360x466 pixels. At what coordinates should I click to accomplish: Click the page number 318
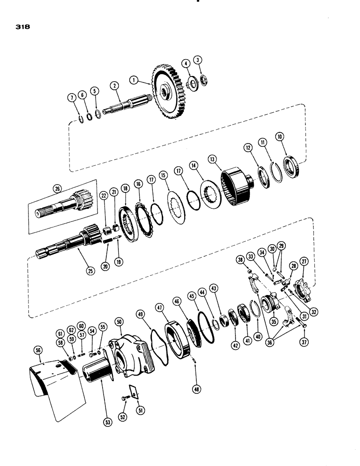point(22,27)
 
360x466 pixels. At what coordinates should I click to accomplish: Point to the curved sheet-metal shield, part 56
point(56,387)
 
